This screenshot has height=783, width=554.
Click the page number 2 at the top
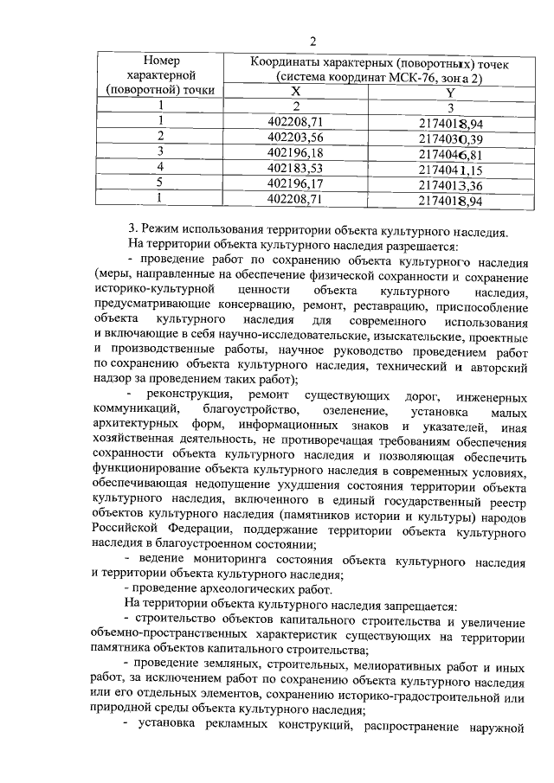pos(312,39)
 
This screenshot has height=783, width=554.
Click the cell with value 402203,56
pos(295,137)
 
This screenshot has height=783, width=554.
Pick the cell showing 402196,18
pos(295,152)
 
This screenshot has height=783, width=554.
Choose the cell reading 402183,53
pos(295,168)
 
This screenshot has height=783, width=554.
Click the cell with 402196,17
pos(295,183)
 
